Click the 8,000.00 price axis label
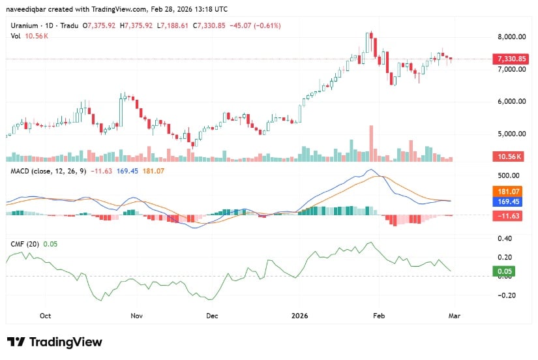click(x=511, y=37)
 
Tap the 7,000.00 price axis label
click(x=511, y=69)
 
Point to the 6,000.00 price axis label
click(x=511, y=102)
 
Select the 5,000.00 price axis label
click(x=511, y=134)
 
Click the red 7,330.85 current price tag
click(x=512, y=59)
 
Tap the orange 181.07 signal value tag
click(x=511, y=192)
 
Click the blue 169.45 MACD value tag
click(x=511, y=202)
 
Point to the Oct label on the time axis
click(x=45, y=316)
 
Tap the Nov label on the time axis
click(x=136, y=316)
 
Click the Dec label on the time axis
click(x=211, y=316)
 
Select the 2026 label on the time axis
click(x=301, y=316)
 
